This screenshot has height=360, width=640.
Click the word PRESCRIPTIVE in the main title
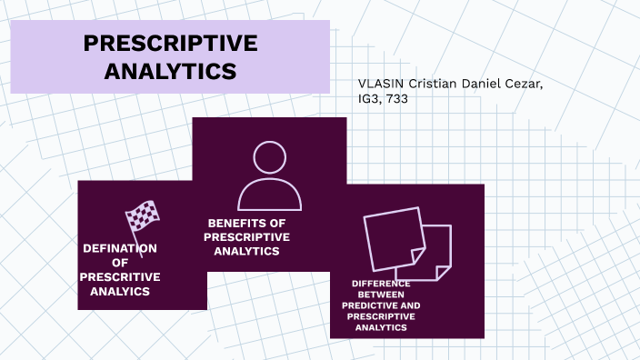[170, 45]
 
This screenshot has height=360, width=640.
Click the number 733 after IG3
[395, 99]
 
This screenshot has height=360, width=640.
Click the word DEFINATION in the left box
[120, 248]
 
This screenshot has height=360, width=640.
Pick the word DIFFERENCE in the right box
[381, 284]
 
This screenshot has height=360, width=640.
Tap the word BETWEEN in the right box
[381, 295]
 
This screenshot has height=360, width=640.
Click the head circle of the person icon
[269, 156]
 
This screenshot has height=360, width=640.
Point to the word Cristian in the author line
[432, 85]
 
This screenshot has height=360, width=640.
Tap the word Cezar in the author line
[527, 85]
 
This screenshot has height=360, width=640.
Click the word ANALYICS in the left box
[120, 292]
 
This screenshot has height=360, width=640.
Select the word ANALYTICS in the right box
[381, 326]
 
